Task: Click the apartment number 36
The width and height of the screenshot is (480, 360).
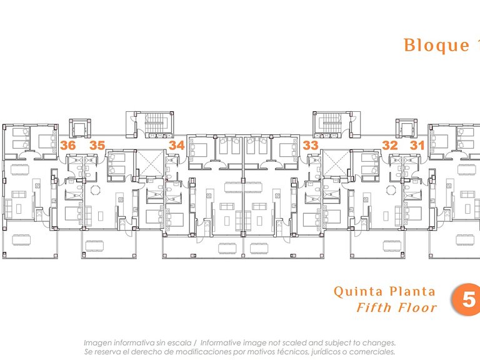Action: tap(67, 145)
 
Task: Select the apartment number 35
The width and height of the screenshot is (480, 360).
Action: tap(97, 145)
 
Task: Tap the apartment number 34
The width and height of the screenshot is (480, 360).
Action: tap(177, 145)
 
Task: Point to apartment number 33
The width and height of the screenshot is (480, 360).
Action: tap(311, 145)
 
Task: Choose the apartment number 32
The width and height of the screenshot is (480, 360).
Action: tap(390, 145)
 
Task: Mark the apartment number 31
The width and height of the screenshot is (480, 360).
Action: tap(417, 145)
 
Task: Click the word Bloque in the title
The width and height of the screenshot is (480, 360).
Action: tap(436, 45)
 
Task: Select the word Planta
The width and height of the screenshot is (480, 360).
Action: tap(412, 291)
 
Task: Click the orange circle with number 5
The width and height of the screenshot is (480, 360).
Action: tap(466, 299)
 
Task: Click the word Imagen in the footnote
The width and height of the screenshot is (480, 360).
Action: tap(96, 344)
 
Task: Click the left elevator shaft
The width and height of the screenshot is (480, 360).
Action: tap(80, 128)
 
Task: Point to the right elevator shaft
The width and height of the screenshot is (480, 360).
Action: tap(406, 128)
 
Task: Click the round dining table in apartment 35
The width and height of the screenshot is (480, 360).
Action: tap(96, 190)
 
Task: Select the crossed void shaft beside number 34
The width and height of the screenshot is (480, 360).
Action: tap(150, 163)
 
